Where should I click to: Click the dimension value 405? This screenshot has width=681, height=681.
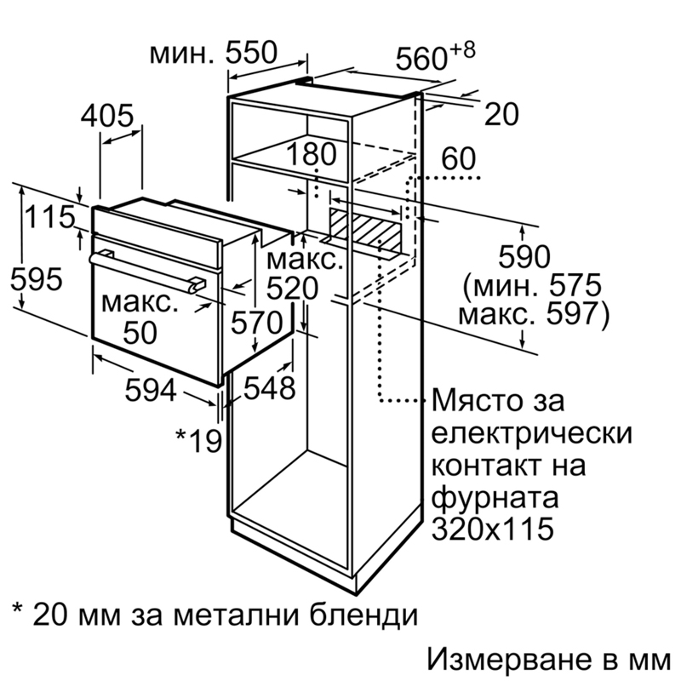pyautogui.click(x=107, y=116)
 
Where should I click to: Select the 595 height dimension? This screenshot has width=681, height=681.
pyautogui.click(x=37, y=279)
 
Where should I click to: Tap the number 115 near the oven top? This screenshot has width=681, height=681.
pyautogui.click(x=50, y=217)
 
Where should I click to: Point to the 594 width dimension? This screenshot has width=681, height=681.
pyautogui.click(x=151, y=390)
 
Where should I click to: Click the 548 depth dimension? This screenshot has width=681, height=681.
pyautogui.click(x=269, y=387)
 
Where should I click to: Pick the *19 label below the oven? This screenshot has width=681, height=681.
pyautogui.click(x=198, y=440)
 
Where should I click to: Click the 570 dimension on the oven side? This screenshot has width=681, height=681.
pyautogui.click(x=257, y=323)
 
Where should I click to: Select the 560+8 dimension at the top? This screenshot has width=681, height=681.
pyautogui.click(x=436, y=55)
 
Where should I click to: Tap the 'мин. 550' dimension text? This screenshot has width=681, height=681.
pyautogui.click(x=213, y=53)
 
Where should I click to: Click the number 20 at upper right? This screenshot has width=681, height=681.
pyautogui.click(x=501, y=114)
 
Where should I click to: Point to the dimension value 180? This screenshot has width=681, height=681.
pyautogui.click(x=312, y=153)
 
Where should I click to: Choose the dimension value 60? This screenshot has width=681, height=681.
pyautogui.click(x=459, y=158)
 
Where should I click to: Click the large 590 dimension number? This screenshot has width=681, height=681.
pyautogui.click(x=524, y=256)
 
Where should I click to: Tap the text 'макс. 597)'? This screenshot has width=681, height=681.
pyautogui.click(x=534, y=314)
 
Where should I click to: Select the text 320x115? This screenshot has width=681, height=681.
pyautogui.click(x=493, y=528)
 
